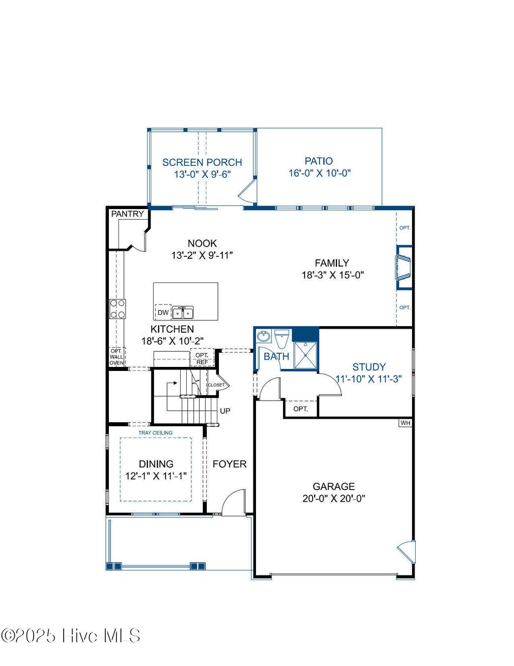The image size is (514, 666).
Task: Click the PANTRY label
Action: (x=127, y=214)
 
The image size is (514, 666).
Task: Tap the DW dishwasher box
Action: (x=163, y=312)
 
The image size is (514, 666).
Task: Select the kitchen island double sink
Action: (x=183, y=313)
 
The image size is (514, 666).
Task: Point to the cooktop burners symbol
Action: (x=118, y=308)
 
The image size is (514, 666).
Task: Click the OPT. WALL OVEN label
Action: (x=116, y=357)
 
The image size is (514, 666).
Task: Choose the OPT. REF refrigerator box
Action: (x=202, y=358)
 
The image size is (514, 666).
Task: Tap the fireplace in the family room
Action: (x=403, y=267)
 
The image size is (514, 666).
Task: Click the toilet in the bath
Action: (x=283, y=339)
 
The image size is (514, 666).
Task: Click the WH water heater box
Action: (x=405, y=423)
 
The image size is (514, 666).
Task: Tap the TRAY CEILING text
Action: (x=155, y=433)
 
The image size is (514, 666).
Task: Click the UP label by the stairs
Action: (x=225, y=411)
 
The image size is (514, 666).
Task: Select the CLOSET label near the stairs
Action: (x=216, y=385)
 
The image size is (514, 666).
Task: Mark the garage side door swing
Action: (x=407, y=552)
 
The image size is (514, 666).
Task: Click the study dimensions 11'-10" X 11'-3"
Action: (x=368, y=379)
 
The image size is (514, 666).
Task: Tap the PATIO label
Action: (x=319, y=161)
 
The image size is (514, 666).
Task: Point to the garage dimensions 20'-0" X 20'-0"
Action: (x=333, y=499)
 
